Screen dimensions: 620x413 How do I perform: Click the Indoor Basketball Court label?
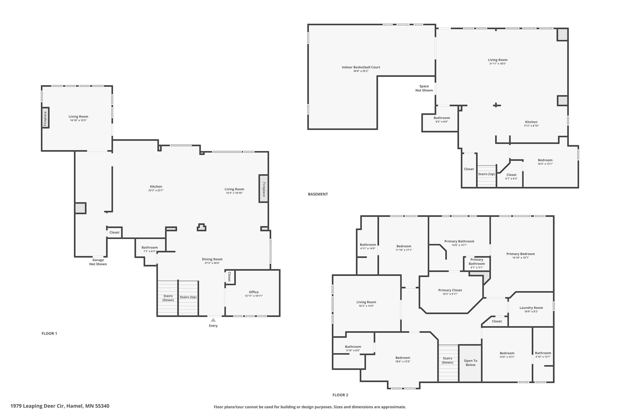point(361,67)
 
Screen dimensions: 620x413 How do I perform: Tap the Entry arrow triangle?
point(213,320)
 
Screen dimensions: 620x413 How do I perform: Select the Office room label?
point(254,292)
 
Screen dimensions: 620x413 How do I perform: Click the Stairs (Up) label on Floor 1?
point(188,297)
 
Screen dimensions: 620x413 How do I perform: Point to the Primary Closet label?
point(450,290)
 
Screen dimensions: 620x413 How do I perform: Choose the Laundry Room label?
point(531,308)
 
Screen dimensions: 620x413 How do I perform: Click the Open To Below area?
point(470,363)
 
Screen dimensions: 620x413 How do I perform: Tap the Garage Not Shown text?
point(98,262)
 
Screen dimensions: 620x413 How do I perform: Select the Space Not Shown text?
point(424,88)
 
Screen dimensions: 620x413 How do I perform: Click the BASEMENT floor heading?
point(318,194)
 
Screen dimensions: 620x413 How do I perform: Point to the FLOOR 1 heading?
point(49,333)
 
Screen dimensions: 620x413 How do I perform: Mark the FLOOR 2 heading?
point(340,395)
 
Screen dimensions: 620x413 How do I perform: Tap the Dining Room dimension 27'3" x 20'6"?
point(212,263)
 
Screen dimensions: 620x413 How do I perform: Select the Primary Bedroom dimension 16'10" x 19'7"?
point(521,258)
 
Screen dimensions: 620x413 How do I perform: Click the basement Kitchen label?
point(531,122)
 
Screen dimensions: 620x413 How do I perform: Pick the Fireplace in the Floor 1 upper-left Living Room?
point(45,118)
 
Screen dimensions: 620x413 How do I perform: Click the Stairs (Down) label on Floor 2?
point(447,360)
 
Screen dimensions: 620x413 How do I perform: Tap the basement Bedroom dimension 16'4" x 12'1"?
point(545,164)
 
